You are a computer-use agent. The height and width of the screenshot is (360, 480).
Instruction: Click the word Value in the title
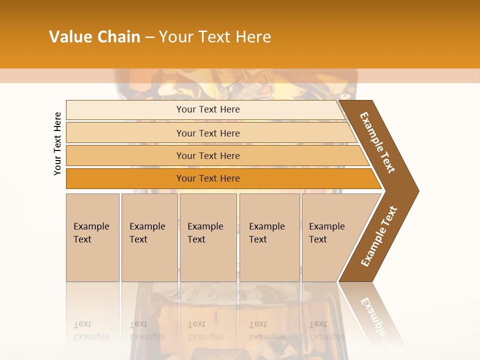tap(70, 37)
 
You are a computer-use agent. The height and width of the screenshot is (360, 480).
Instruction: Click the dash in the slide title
tap(149, 37)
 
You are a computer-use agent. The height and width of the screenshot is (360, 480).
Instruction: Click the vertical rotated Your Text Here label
tap(57, 143)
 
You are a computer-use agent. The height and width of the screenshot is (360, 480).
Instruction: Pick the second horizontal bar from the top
tap(208, 133)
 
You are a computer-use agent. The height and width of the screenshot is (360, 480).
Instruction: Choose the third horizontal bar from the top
tap(208, 155)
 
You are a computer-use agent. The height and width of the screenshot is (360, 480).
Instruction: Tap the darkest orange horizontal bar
tap(208, 178)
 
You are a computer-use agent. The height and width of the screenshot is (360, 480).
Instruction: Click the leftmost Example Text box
tap(92, 237)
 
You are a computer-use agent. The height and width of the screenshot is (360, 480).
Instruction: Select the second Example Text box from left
tap(149, 237)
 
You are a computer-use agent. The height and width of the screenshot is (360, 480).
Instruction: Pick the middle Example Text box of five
tap(208, 237)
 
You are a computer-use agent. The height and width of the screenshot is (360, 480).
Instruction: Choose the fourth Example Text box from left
tap(269, 237)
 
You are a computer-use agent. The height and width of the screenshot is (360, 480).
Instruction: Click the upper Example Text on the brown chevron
tap(377, 142)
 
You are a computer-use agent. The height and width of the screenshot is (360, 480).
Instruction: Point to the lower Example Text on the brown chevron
tap(379, 236)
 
